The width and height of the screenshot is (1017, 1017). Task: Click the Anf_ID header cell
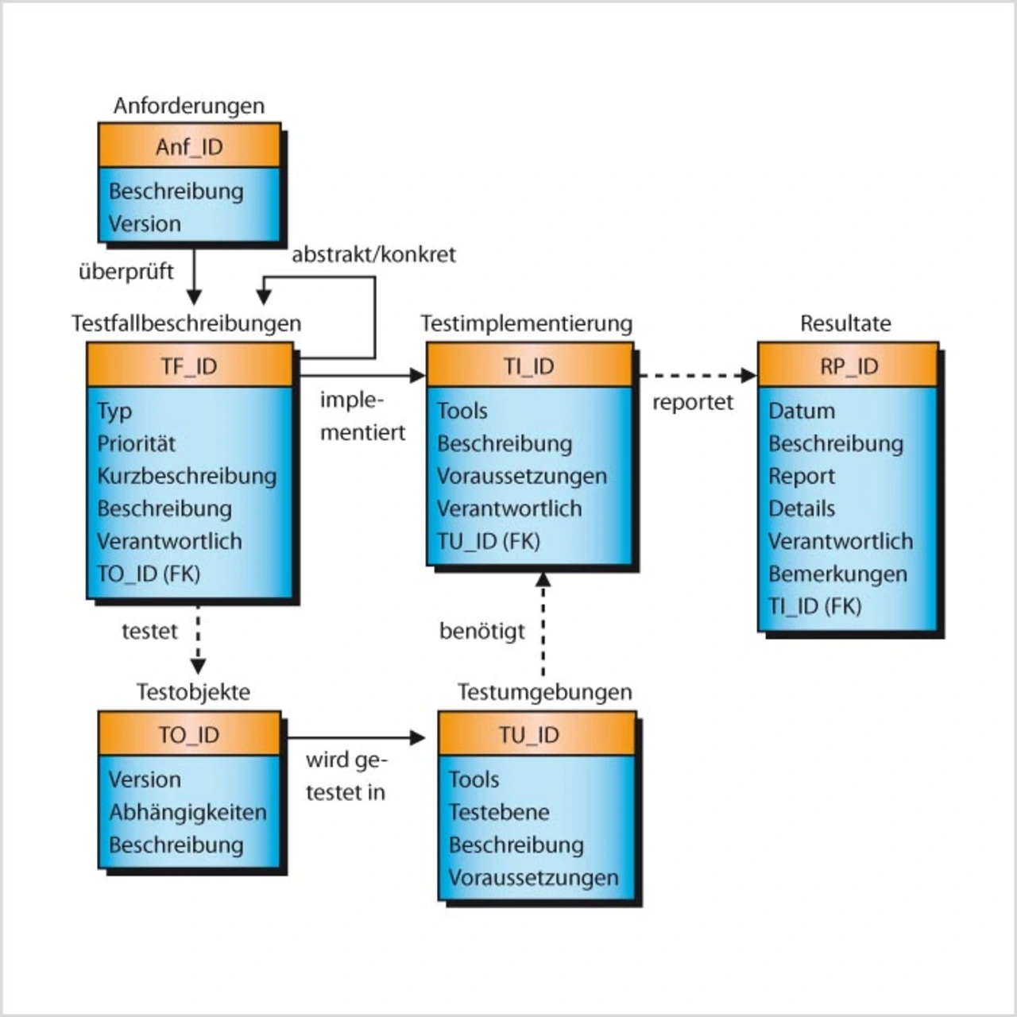coord(189,146)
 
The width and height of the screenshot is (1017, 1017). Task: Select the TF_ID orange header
coord(189,365)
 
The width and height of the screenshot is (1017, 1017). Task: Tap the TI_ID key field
coord(529,365)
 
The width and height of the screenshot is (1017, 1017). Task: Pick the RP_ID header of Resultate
coord(849,365)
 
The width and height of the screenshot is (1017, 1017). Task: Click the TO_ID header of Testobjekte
coord(189,734)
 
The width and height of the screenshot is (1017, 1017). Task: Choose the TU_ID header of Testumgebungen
coord(529,734)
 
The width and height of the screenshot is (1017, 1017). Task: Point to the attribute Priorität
coord(137,443)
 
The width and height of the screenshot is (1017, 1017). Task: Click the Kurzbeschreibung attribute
coord(187,476)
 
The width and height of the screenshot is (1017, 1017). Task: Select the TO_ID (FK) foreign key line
coord(149,574)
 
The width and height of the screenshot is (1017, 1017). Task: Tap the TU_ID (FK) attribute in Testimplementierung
coord(489,541)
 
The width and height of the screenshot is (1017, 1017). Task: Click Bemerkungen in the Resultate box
coord(837,574)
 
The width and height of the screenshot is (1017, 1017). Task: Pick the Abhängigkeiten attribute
coord(188,812)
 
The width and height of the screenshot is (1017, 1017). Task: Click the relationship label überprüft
coord(126,271)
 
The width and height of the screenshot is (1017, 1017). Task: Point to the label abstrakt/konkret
coord(373,254)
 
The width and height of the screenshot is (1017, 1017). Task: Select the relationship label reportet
coord(693,402)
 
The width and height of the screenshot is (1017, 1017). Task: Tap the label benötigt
coord(482,631)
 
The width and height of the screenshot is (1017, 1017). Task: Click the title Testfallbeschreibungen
coord(186,323)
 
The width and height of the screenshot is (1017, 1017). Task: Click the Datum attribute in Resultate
coord(802,411)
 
